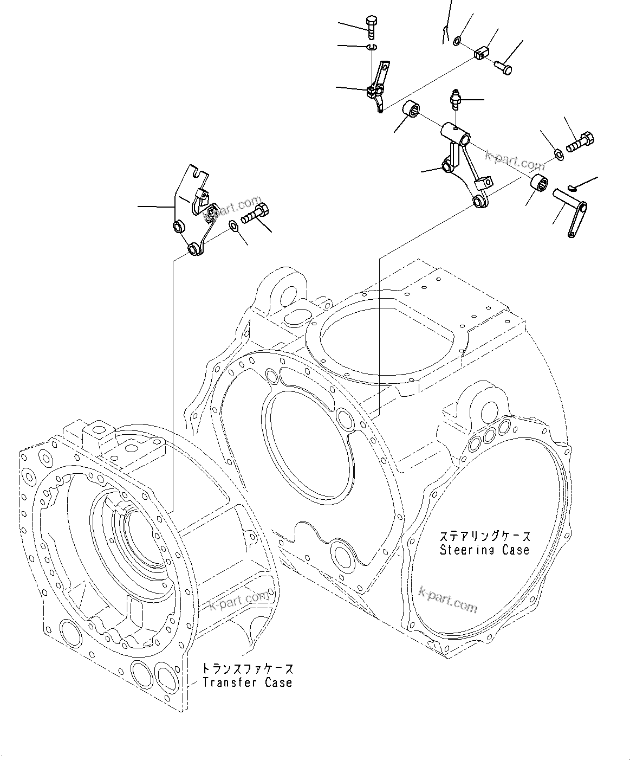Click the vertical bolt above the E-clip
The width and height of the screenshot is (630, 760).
[371, 27]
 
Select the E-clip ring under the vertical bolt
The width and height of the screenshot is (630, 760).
[371, 48]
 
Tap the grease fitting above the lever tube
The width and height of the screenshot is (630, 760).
[455, 100]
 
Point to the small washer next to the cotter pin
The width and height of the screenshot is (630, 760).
[458, 40]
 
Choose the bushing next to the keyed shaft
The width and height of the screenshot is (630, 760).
[538, 183]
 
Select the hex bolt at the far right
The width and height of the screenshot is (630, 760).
[580, 143]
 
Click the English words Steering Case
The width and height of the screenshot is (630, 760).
[484, 550]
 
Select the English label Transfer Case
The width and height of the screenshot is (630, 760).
[247, 682]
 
